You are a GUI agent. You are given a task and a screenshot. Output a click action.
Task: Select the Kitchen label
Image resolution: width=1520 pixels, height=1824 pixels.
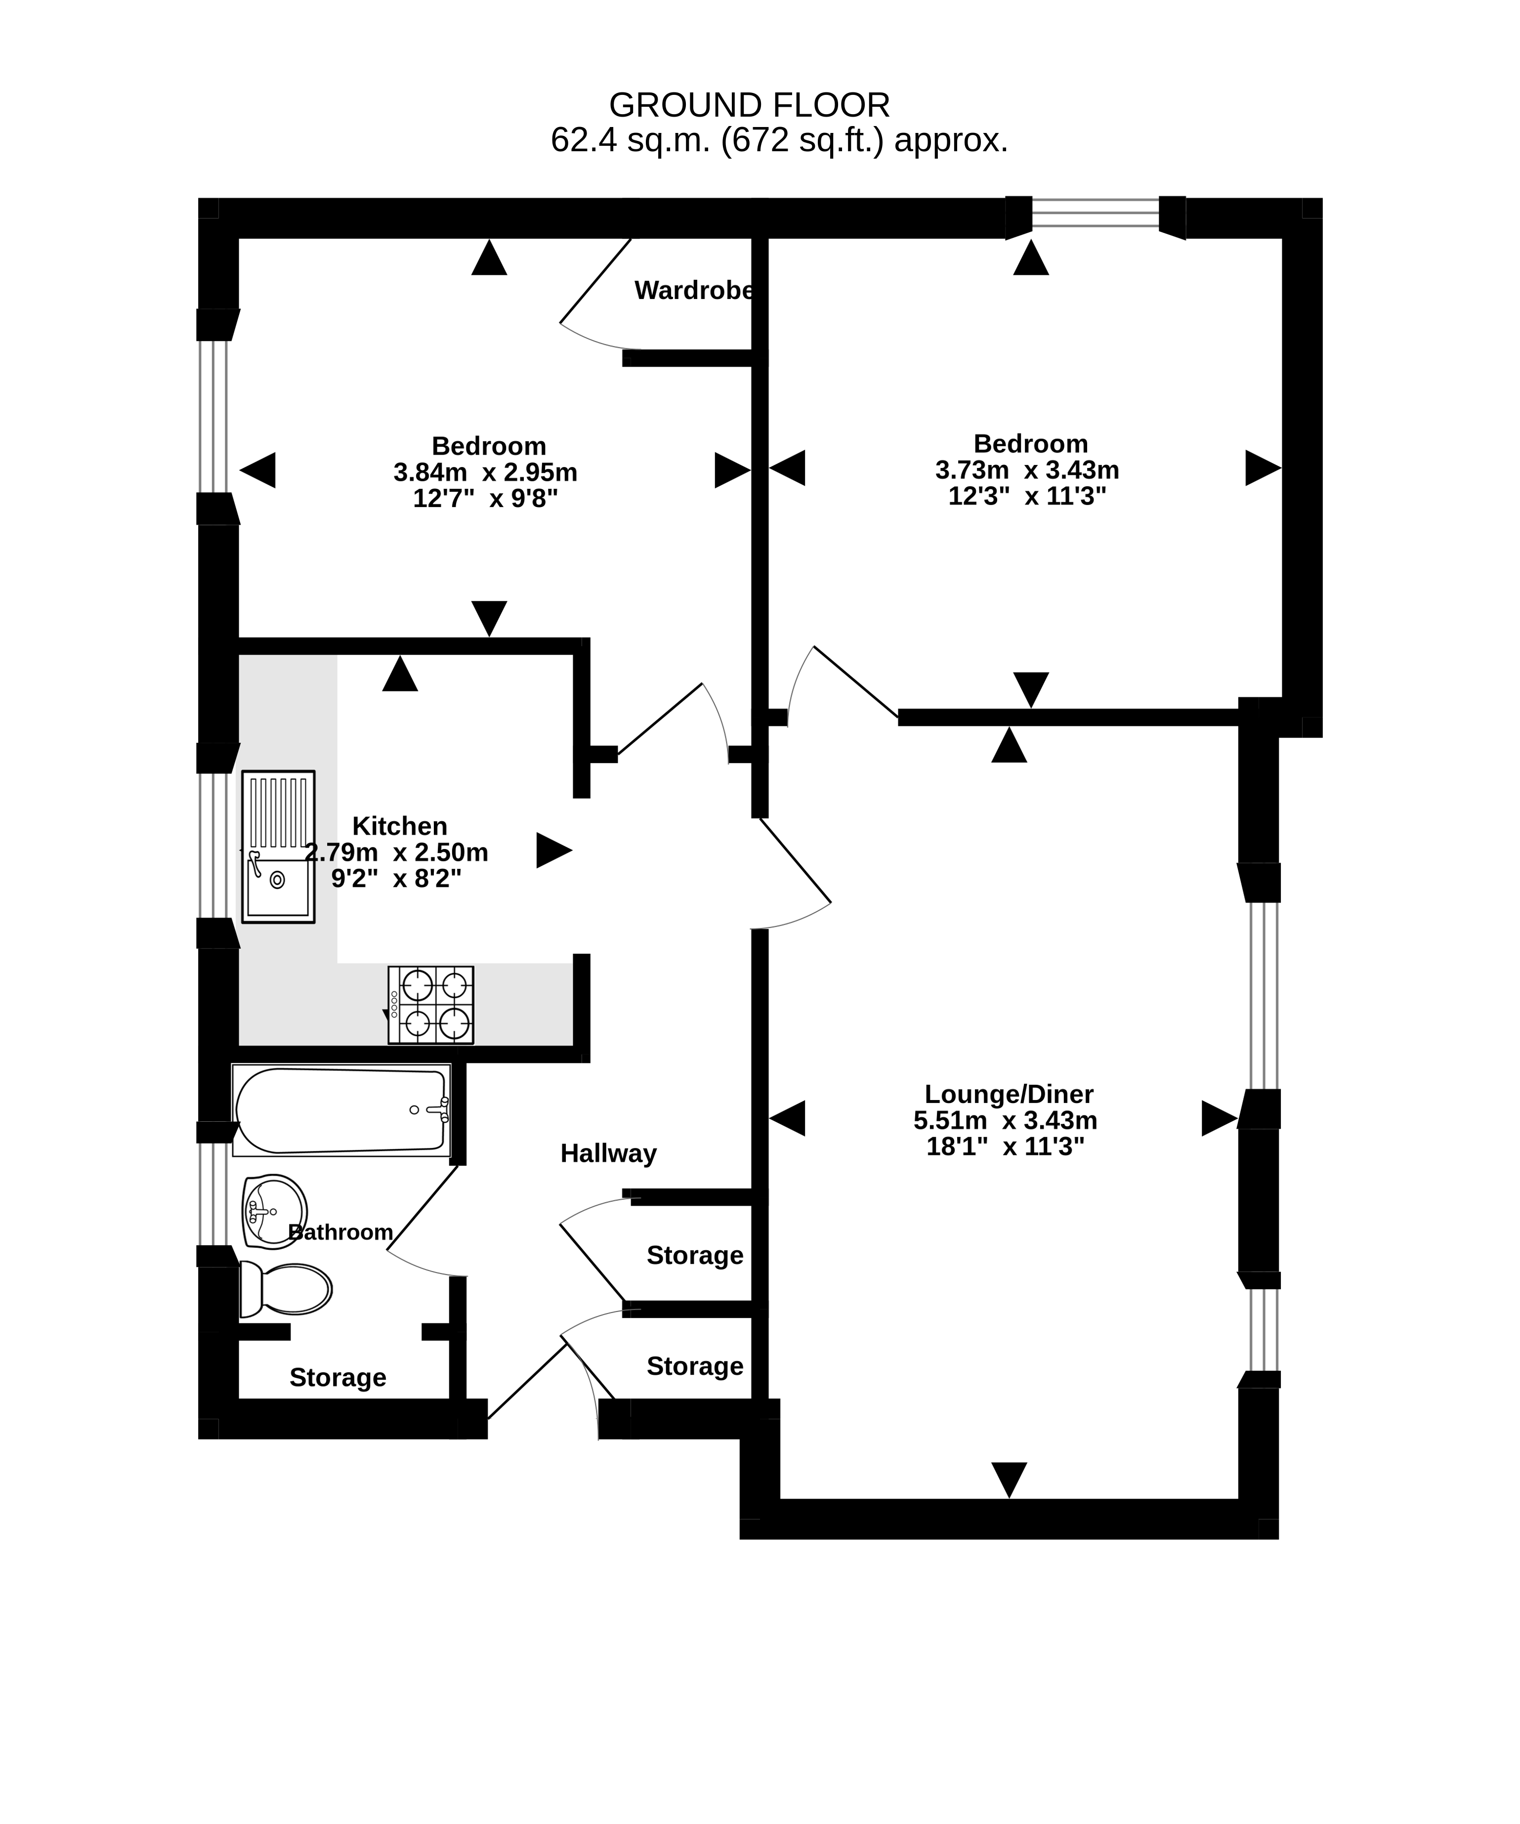[400, 826]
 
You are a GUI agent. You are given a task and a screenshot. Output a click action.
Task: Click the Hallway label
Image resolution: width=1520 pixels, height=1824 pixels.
[608, 1153]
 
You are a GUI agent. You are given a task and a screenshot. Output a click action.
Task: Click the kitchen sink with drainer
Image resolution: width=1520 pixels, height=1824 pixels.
[278, 847]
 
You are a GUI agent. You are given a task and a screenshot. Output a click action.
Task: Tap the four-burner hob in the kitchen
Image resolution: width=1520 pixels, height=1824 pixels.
[431, 1005]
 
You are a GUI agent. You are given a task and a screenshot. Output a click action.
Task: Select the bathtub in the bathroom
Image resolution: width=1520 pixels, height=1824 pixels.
[341, 1110]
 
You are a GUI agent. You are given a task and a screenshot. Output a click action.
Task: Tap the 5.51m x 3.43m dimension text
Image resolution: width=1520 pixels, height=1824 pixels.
[1006, 1120]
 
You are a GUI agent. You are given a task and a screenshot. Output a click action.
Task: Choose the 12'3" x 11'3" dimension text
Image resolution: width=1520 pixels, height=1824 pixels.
[1027, 496]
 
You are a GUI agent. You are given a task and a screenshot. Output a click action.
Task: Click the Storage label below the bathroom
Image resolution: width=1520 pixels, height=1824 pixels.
[338, 1378]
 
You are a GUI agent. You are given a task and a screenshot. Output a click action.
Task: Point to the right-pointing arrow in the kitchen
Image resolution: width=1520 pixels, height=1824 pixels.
[554, 850]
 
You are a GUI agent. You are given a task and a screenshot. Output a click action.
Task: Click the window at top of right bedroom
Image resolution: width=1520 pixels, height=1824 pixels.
[1095, 213]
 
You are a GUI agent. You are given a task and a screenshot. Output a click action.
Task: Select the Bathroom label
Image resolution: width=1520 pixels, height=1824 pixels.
[340, 1232]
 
